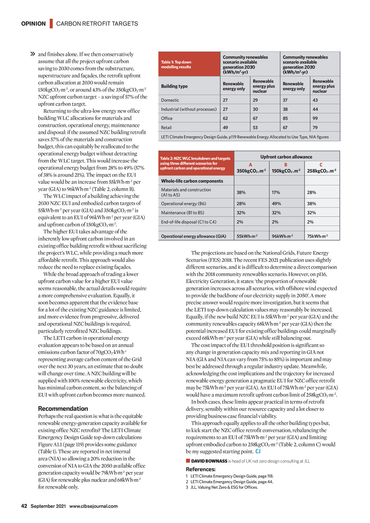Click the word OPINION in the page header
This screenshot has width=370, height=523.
click(x=33, y=24)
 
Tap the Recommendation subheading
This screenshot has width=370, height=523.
click(x=63, y=409)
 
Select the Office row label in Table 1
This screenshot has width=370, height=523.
click(x=167, y=118)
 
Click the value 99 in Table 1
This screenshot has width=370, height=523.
click(x=315, y=118)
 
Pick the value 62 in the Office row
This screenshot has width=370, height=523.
click(x=225, y=118)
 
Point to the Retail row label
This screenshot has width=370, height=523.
click(x=167, y=127)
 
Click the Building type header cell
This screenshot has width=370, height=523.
click(x=175, y=86)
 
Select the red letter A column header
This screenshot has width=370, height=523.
click(x=250, y=165)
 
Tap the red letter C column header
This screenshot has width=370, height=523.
click(x=321, y=165)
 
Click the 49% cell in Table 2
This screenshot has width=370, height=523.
click(x=276, y=204)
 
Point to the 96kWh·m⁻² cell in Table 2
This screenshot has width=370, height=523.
click(x=282, y=236)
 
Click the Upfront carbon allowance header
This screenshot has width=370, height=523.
click(x=286, y=157)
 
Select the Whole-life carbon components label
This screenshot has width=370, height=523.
click(x=192, y=181)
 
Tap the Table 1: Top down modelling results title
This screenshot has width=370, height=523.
click(x=176, y=65)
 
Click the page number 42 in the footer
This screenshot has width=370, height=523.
click(x=24, y=506)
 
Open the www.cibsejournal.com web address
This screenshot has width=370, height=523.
click(x=94, y=506)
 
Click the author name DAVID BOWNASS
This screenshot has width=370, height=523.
click(x=209, y=461)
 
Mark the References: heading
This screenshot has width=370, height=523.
click(x=201, y=469)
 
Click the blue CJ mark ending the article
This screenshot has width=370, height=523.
click(x=258, y=451)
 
